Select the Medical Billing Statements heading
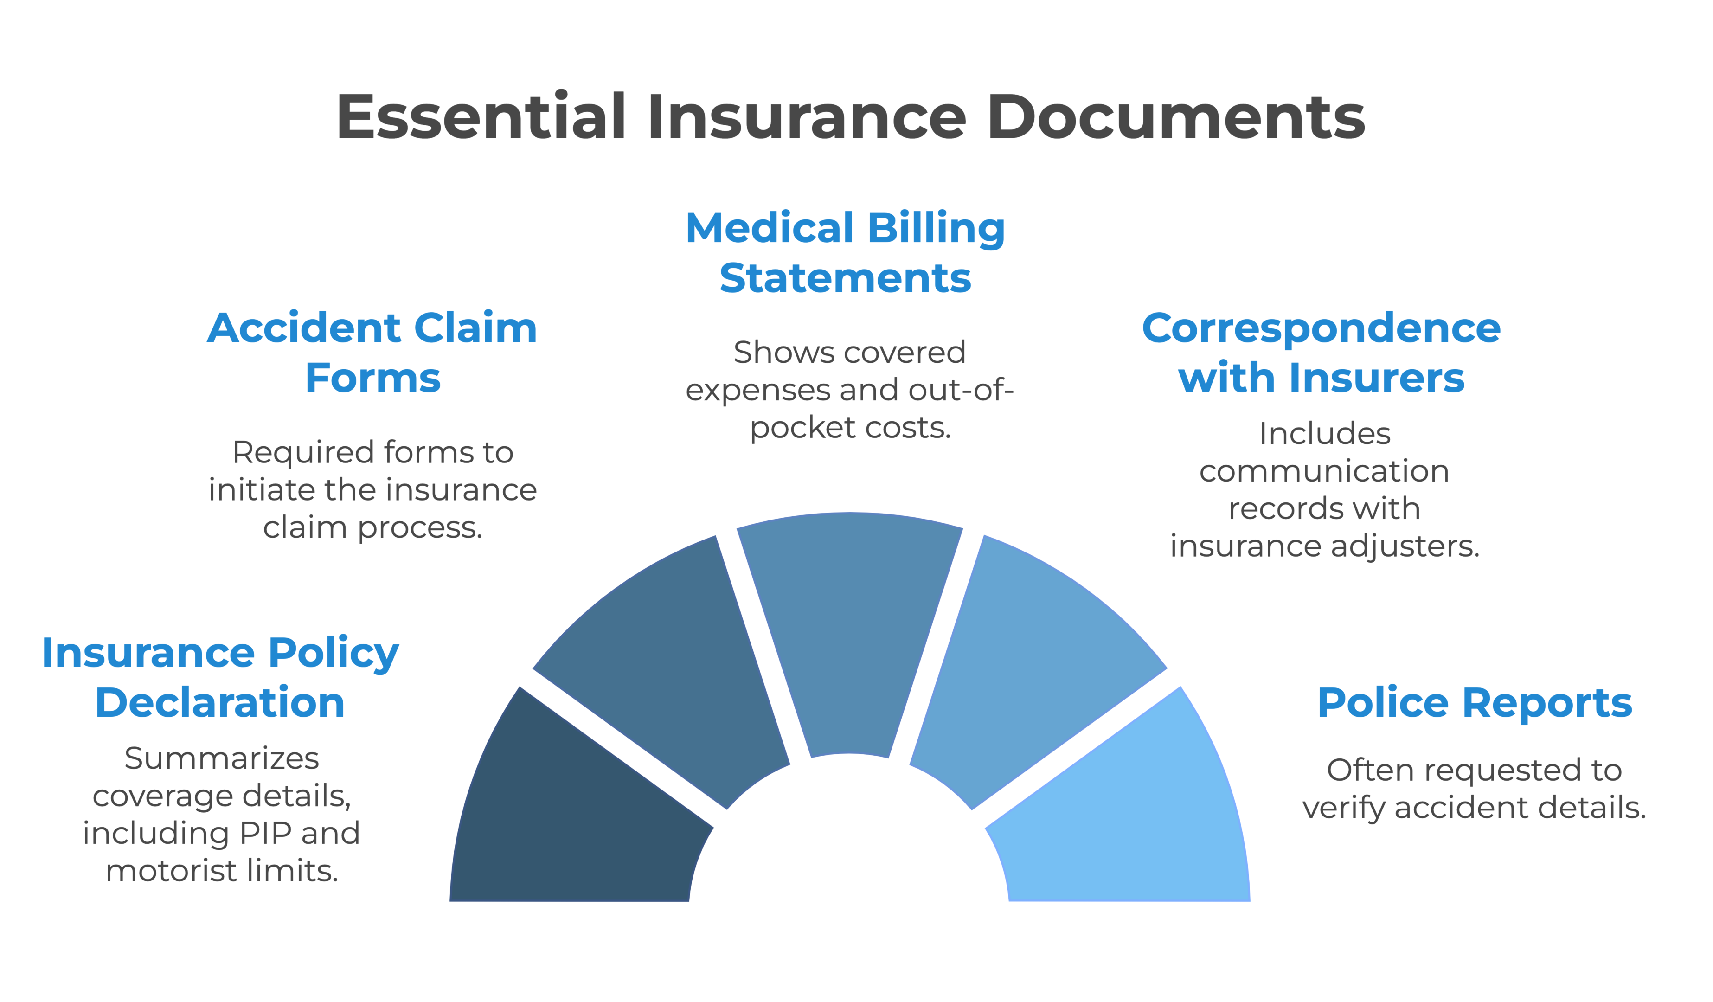point(845,253)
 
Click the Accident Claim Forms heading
point(372,353)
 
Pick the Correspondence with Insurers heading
point(1321,353)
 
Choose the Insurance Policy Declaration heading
point(220,677)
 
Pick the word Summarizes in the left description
point(222,758)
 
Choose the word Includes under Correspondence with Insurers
point(1324,434)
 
